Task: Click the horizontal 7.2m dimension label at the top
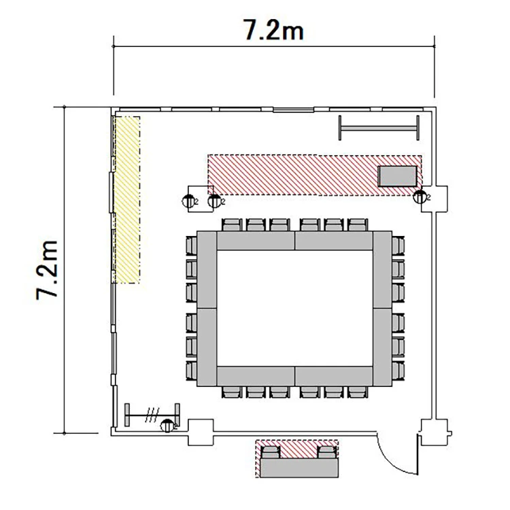tap(273, 30)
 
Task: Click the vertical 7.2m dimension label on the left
tap(48, 270)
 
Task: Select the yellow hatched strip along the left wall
tap(127, 200)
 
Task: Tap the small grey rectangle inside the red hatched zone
tap(397, 176)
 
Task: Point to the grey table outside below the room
tap(299, 468)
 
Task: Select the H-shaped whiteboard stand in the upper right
tap(379, 128)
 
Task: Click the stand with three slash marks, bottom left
tap(152, 415)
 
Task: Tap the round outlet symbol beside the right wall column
tap(420, 197)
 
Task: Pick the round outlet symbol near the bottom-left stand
tap(167, 426)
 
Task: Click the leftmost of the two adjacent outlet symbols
tap(188, 202)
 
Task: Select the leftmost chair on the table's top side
tap(232, 225)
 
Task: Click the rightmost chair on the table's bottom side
tap(358, 392)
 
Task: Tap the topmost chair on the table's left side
tap(191, 245)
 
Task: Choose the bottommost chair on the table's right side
tap(398, 371)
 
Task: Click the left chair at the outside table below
tap(271, 452)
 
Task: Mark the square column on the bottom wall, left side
tap(201, 432)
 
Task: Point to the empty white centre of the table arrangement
tap(294, 308)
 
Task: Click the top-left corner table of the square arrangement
tap(207, 270)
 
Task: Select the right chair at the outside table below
tap(327, 452)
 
